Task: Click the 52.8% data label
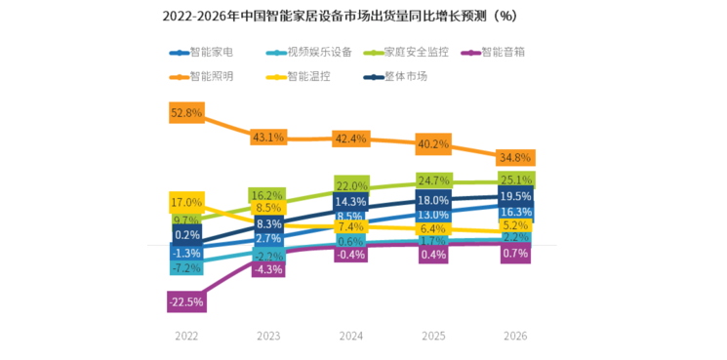(185, 113)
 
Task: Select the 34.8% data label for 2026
(514, 157)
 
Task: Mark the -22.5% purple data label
(185, 302)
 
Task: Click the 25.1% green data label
(514, 180)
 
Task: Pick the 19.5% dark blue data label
(514, 196)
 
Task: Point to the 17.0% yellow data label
(185, 202)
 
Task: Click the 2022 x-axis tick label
(185, 335)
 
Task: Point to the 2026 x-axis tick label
(514, 335)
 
